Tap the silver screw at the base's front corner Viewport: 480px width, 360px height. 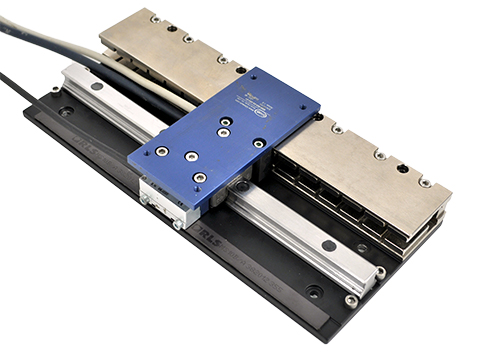[x=351, y=300]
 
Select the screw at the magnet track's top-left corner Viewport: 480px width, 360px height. [x=154, y=18]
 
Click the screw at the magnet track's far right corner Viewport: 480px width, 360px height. [x=425, y=182]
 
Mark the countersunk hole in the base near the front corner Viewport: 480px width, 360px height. [x=314, y=292]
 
